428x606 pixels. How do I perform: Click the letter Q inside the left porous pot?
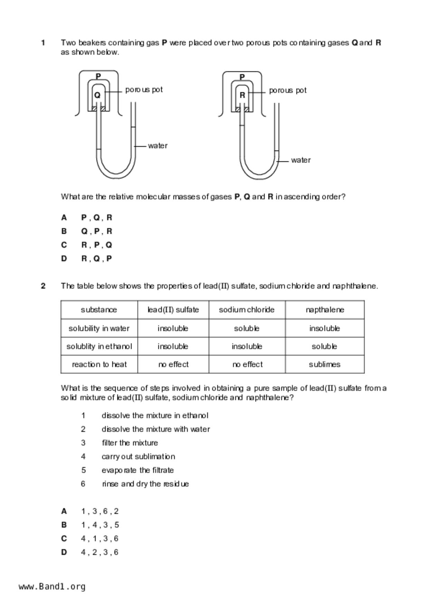[x=97, y=95]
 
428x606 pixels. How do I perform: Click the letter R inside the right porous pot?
[x=242, y=95]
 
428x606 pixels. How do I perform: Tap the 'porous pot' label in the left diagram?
[x=144, y=90]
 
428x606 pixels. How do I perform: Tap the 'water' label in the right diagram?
[x=301, y=160]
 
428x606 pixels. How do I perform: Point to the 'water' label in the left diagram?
[x=158, y=146]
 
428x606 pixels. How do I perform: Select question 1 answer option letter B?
[x=64, y=231]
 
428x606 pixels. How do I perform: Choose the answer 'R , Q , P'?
[x=96, y=258]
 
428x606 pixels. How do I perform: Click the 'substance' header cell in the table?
[x=99, y=310]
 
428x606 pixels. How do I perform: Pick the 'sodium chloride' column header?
[x=247, y=310]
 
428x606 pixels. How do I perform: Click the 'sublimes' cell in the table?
[x=324, y=364]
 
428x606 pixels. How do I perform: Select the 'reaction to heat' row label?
[x=99, y=364]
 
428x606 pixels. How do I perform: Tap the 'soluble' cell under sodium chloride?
[x=247, y=328]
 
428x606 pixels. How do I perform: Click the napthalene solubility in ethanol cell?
[x=324, y=347]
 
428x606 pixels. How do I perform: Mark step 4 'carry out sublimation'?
[x=138, y=456]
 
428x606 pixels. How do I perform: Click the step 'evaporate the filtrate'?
[x=137, y=470]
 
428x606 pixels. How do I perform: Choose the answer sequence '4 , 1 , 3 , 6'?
[x=99, y=538]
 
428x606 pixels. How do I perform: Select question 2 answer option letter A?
[x=64, y=511]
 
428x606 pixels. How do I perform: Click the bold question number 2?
[x=43, y=286]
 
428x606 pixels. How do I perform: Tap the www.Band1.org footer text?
[x=52, y=587]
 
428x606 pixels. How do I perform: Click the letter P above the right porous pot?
[x=242, y=77]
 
